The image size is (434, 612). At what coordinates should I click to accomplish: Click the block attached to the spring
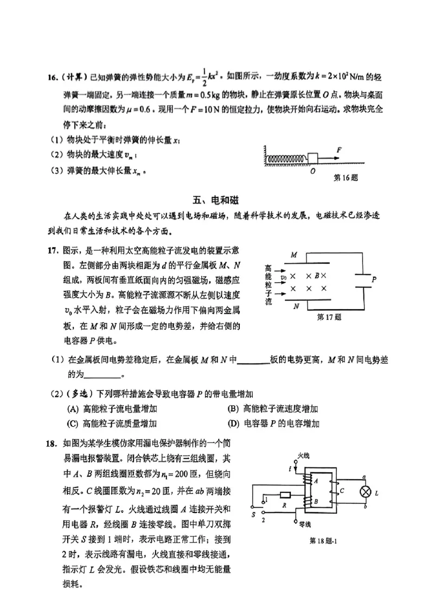(314, 158)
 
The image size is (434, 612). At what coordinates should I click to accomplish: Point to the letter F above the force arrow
(339, 148)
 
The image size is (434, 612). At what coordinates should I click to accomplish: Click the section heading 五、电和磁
(217, 198)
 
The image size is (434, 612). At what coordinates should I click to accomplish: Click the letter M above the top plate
(293, 255)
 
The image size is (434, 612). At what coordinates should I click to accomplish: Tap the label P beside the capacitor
(373, 280)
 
